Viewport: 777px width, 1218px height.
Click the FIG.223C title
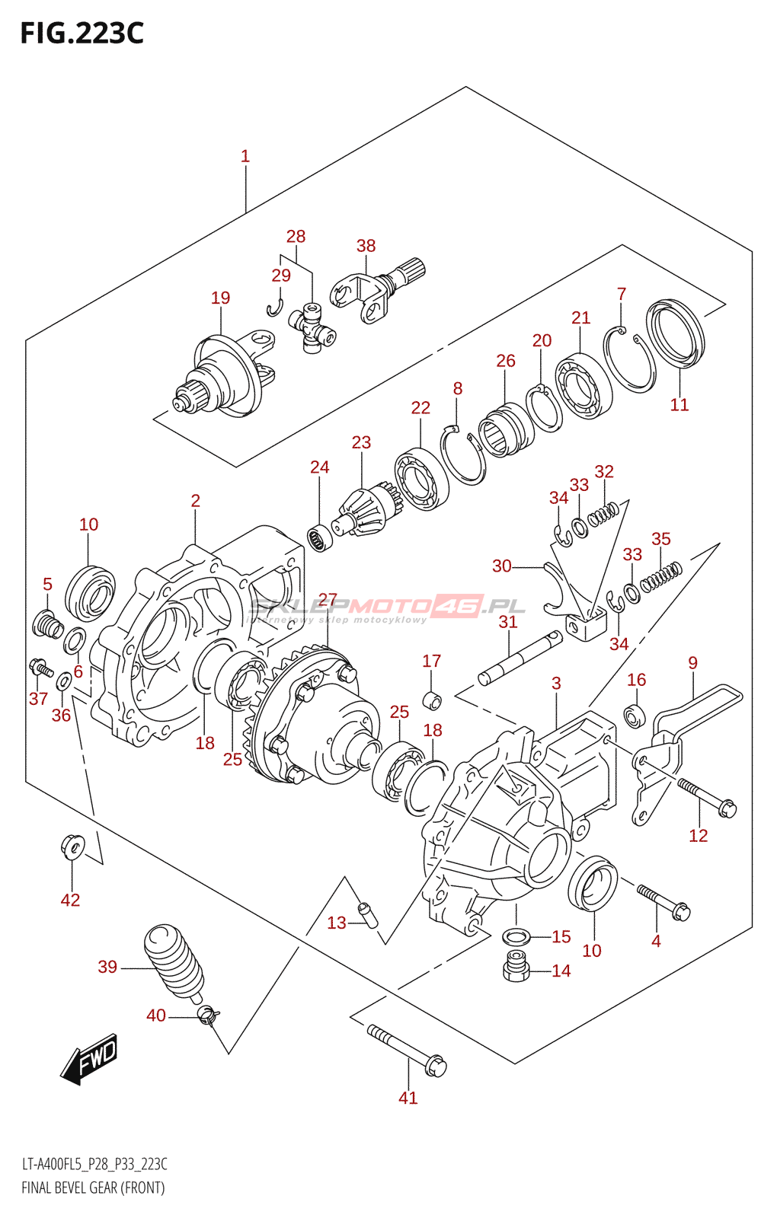click(82, 33)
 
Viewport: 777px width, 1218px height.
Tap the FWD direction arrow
click(90, 1058)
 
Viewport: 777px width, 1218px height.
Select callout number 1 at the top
click(245, 156)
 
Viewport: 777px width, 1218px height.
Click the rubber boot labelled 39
click(174, 960)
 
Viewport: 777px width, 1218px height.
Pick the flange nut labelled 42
click(72, 846)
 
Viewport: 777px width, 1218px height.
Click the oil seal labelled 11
click(676, 333)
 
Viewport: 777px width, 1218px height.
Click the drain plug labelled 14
click(516, 967)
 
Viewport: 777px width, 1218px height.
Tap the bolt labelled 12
click(706, 796)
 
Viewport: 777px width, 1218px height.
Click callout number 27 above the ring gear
click(328, 600)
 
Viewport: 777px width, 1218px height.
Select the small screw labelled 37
click(40, 669)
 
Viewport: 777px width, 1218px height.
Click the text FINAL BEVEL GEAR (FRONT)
click(93, 1188)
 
